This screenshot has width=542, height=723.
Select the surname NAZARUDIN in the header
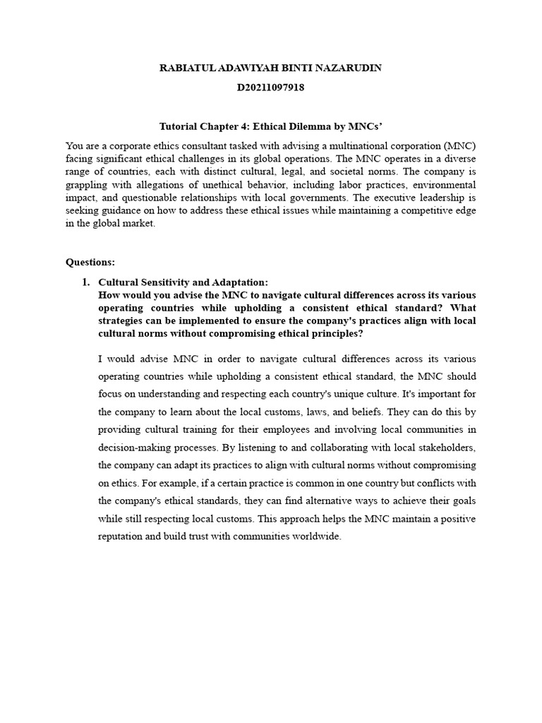click(x=352, y=67)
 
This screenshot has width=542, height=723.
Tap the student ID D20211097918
click(x=271, y=88)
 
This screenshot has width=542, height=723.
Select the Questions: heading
click(x=90, y=262)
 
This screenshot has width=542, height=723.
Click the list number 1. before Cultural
click(x=86, y=282)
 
